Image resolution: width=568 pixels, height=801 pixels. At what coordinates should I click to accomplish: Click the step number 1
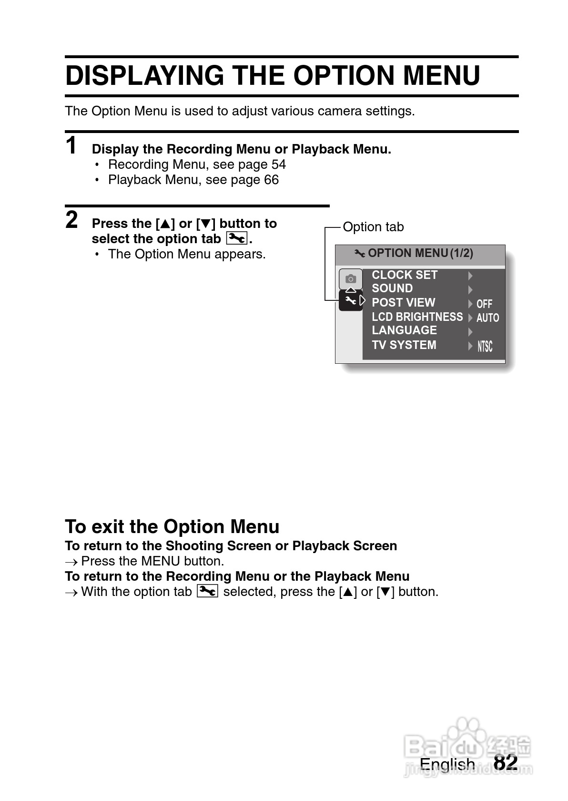[71, 146]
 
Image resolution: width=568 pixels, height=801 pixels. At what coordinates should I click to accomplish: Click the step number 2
[71, 220]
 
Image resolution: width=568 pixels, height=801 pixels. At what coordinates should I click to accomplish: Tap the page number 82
[506, 762]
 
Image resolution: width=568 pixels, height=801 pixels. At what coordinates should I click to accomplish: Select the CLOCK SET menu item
[404, 275]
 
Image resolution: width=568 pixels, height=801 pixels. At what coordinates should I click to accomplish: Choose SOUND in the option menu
[392, 288]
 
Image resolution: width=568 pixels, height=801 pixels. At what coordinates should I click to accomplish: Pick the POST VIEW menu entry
[403, 303]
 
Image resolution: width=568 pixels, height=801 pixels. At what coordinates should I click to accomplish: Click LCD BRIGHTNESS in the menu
[417, 317]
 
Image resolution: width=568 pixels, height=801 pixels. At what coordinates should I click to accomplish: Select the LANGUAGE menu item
[404, 330]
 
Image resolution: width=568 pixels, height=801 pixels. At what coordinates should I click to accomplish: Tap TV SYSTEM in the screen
[404, 345]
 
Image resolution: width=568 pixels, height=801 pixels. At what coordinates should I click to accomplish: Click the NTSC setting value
[485, 347]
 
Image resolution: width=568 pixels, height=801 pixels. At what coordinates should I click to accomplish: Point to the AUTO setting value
[487, 318]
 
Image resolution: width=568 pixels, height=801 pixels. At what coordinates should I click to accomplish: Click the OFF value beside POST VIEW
[484, 304]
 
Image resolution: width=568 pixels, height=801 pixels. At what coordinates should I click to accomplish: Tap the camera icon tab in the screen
[351, 279]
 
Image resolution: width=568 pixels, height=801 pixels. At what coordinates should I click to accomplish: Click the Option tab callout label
[373, 227]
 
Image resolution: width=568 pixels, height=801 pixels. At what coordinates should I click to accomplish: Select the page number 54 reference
[279, 164]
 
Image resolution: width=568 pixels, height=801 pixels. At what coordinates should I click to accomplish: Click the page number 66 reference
[271, 180]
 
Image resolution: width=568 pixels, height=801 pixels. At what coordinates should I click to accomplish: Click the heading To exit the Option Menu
[172, 527]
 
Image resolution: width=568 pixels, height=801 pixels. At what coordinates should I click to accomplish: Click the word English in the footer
[447, 764]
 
